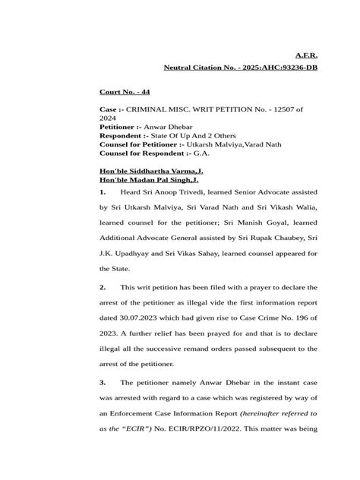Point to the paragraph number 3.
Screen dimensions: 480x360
[104, 381]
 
